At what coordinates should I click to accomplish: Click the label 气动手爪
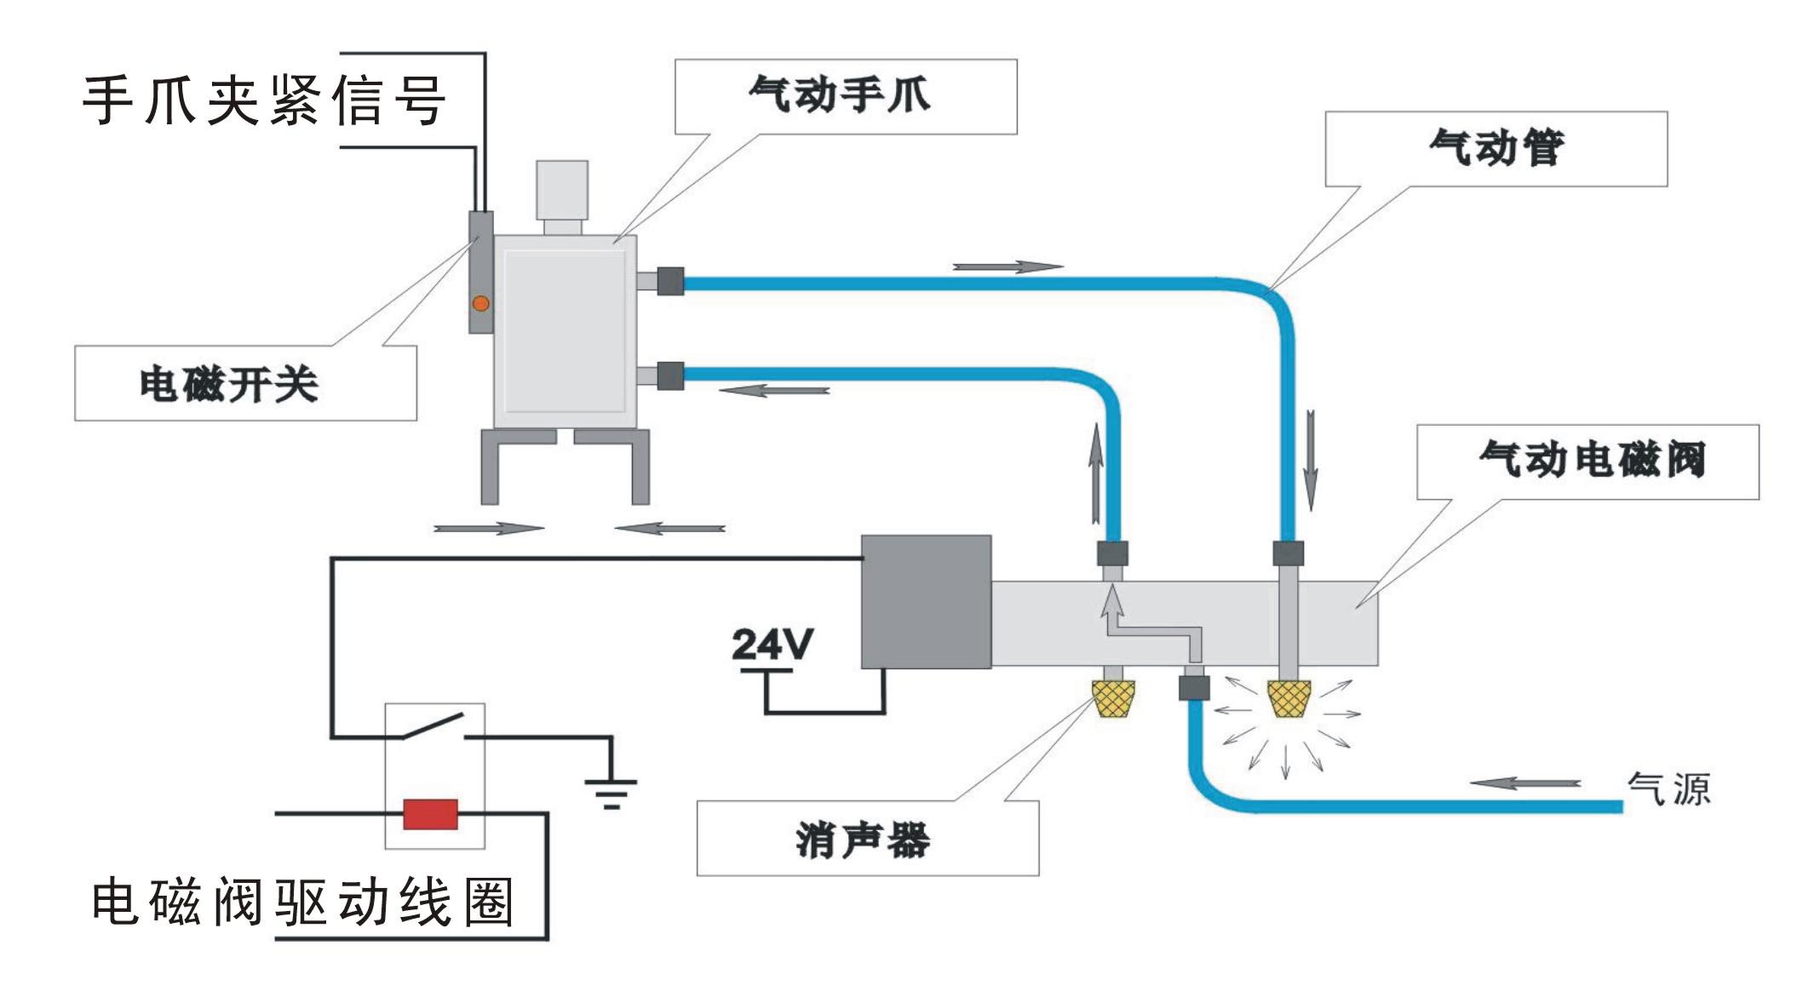[840, 95]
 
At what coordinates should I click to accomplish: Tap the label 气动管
[1496, 148]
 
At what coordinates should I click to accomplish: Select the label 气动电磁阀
[1592, 461]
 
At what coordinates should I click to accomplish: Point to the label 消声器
[863, 840]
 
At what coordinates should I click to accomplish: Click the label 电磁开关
[229, 384]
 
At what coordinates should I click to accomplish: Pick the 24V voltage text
[772, 645]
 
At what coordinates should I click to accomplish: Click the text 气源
[1668, 789]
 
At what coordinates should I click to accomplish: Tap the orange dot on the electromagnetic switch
[481, 303]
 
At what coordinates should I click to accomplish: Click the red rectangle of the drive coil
[430, 814]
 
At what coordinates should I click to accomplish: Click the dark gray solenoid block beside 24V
[926, 601]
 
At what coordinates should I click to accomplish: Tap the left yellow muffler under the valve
[1113, 698]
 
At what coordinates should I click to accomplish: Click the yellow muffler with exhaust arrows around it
[1288, 698]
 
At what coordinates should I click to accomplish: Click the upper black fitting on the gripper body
[670, 281]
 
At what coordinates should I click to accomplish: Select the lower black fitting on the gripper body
[670, 375]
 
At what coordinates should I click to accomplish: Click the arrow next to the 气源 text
[1524, 783]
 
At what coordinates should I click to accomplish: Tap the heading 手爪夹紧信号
[264, 100]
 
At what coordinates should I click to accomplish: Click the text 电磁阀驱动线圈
[302, 902]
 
